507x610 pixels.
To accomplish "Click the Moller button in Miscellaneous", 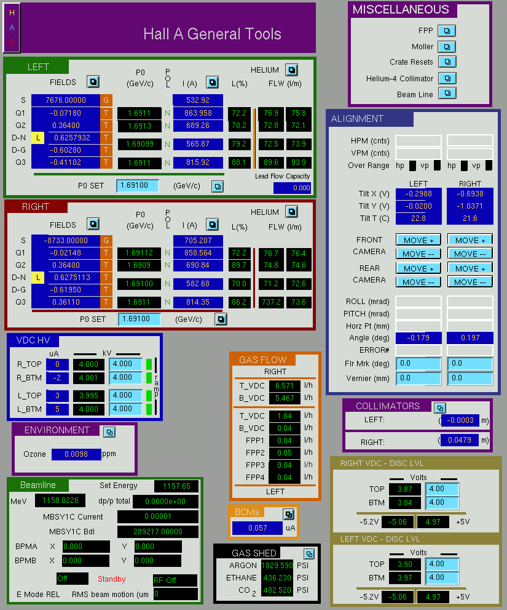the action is tap(447, 47).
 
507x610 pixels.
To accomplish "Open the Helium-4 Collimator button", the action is tap(447, 78).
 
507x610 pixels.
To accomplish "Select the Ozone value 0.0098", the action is tap(76, 454).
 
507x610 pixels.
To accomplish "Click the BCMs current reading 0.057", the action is tap(257, 528).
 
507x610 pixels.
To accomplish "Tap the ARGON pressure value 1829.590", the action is tap(277, 565).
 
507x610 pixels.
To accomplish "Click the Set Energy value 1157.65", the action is tap(176, 486).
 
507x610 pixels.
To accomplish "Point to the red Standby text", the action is tap(111, 579).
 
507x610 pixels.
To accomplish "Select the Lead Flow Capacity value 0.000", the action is tap(292, 188).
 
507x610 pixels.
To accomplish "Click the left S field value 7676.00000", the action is tap(66, 100).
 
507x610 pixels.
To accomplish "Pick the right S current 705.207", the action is tap(198, 241).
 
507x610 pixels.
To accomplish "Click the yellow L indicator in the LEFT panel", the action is tap(37, 137).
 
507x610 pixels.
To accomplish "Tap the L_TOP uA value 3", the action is tap(58, 396).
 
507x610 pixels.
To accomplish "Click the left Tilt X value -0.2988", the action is tap(419, 194).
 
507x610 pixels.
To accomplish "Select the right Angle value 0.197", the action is tap(470, 338).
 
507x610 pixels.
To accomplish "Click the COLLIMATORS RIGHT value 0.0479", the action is tap(460, 440).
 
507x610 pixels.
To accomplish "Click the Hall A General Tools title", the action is tap(212, 34).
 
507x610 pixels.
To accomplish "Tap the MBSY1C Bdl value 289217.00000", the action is tap(158, 531).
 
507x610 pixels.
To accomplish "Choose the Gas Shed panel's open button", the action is tap(309, 553).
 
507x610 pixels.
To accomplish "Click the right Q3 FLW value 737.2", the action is tap(271, 302).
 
